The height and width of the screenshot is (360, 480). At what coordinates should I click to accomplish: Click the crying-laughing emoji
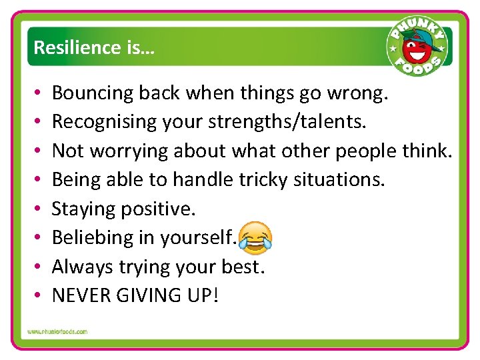255,238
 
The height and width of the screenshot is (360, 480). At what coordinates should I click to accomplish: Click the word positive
159,209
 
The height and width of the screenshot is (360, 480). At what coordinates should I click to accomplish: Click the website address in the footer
57,331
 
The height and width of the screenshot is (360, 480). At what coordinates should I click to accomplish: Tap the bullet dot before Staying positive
39,209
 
